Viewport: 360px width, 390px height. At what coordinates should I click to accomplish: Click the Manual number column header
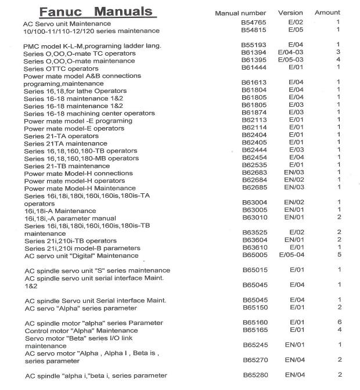point(240,13)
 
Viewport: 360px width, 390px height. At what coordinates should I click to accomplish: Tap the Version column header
point(290,13)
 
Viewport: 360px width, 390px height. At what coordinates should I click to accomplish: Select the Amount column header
point(327,13)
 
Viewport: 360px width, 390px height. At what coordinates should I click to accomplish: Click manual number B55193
point(253,45)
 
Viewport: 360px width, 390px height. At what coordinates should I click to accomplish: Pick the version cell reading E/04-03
point(296,53)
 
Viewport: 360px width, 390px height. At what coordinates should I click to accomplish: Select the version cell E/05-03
point(296,60)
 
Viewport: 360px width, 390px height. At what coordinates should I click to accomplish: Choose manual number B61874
point(253,113)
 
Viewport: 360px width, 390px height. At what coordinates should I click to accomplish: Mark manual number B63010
point(254,217)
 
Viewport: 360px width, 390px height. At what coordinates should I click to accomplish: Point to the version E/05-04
point(296,254)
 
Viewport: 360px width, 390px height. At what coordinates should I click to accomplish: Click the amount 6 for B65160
point(339,322)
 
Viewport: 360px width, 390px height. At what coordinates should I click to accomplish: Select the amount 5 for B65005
point(339,254)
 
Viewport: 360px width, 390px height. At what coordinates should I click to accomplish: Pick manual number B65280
point(254,375)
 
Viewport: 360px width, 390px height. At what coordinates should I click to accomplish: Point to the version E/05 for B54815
point(296,30)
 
